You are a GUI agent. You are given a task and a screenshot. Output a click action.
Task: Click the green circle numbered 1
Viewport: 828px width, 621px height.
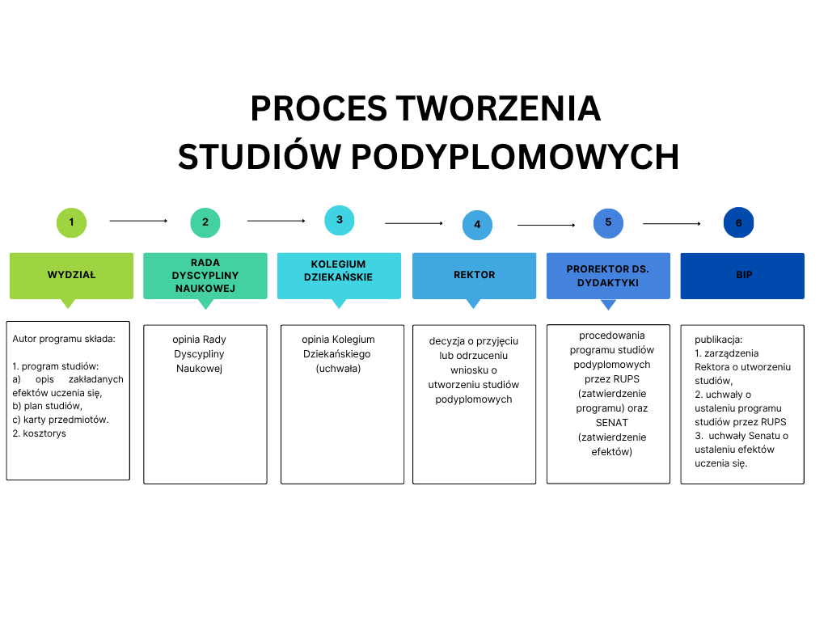coord(71,222)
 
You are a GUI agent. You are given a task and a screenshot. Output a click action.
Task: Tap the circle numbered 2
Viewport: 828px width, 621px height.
coord(205,222)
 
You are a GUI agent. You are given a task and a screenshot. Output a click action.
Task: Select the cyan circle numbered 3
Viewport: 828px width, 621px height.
coord(340,220)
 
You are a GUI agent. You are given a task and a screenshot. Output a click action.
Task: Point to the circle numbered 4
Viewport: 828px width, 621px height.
coord(477,225)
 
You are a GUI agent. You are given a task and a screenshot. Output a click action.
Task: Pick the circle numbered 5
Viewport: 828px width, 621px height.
coord(608,222)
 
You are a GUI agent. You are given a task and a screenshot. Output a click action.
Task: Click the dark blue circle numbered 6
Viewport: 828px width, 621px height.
coord(738,223)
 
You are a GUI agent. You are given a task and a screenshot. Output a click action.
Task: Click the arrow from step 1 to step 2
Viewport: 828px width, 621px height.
coord(138,220)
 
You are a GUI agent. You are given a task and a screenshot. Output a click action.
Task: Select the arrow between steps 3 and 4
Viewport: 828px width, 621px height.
coord(414,223)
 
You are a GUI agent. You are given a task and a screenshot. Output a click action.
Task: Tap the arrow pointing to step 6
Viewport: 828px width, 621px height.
coord(671,223)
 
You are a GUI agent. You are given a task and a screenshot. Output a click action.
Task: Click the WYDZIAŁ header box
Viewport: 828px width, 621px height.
coord(71,275)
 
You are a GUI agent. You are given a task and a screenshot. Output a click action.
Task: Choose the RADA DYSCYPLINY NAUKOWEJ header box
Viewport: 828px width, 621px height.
coord(205,275)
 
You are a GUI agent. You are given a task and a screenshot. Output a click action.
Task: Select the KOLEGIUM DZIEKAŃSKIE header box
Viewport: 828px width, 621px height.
coord(340,275)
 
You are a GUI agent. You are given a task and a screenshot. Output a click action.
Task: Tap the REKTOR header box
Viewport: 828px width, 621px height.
coord(474,275)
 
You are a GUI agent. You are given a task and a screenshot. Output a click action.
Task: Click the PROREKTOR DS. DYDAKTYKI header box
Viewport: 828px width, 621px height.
coord(608,275)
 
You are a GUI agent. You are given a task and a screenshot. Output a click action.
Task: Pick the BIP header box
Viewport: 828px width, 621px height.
coord(742,275)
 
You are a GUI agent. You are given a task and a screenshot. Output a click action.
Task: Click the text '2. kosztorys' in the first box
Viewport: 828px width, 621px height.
coord(40,433)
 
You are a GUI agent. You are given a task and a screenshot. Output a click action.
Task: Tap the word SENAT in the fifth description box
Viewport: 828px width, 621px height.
coord(611,423)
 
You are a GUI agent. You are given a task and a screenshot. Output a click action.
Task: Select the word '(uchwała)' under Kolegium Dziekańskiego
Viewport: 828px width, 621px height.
coord(338,369)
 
